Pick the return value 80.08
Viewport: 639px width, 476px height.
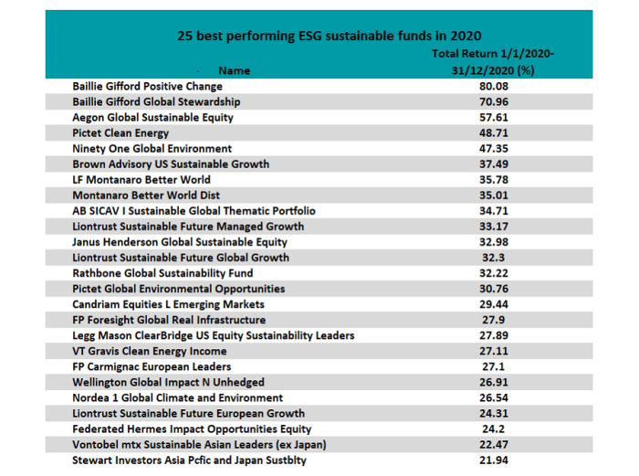click(x=493, y=86)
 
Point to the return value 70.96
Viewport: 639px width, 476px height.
click(x=493, y=101)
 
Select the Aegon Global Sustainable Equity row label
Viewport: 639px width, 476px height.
click(x=152, y=117)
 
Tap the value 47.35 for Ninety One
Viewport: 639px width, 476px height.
click(x=493, y=148)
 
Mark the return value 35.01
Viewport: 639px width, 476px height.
click(x=493, y=195)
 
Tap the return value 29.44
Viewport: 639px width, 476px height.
click(x=493, y=304)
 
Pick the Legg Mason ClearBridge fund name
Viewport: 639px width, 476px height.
click(x=214, y=335)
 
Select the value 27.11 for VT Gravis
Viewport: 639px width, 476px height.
click(x=493, y=351)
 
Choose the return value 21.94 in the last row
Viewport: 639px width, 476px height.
click(x=493, y=460)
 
